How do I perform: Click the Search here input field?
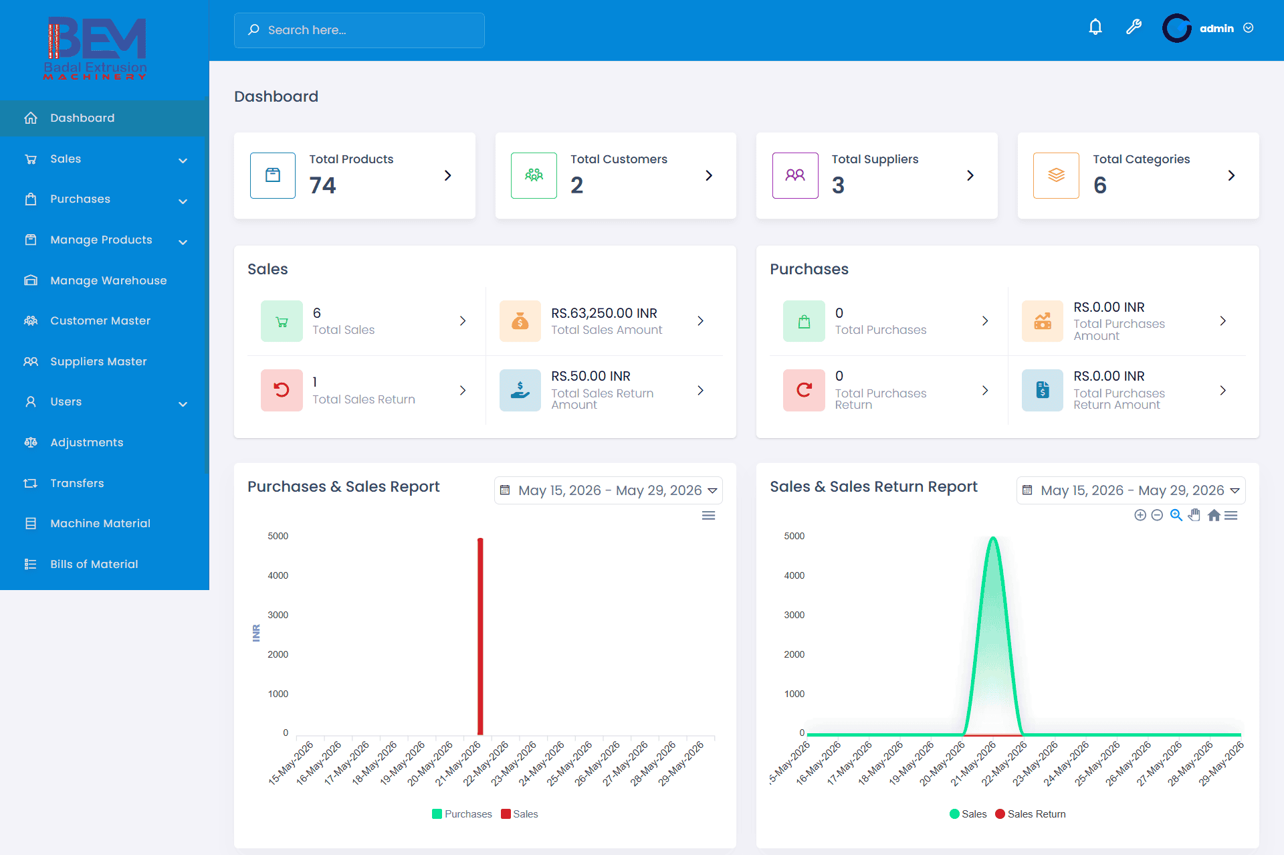[359, 30]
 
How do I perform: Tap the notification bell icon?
[1095, 27]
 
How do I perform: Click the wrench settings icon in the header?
[1134, 27]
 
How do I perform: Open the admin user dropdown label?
[1216, 28]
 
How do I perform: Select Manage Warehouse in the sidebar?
[108, 280]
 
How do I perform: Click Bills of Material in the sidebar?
[94, 564]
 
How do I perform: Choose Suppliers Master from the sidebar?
[98, 361]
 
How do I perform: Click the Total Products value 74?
[322, 185]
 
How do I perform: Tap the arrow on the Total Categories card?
[1231, 175]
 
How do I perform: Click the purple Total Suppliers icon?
[795, 175]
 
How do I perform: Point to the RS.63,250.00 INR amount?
[604, 313]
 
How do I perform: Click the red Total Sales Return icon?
[282, 390]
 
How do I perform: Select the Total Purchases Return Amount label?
[1119, 399]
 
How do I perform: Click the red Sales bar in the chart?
[480, 636]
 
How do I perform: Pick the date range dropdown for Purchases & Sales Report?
[609, 490]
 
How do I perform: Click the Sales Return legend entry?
[1031, 814]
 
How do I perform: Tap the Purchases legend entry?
[462, 814]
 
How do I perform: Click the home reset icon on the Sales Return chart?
[1214, 515]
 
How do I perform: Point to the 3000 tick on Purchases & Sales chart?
[278, 615]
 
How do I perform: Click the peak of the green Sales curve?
[993, 538]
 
